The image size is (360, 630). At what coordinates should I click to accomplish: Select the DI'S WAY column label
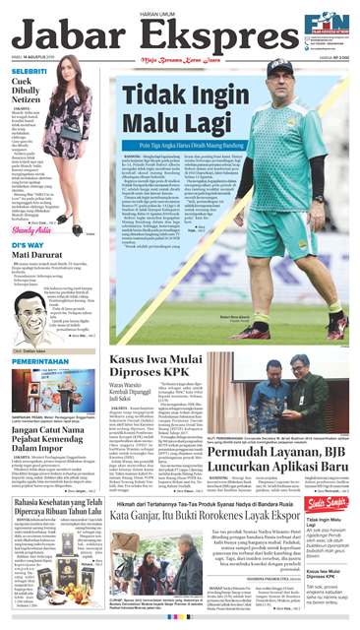click(x=28, y=245)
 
